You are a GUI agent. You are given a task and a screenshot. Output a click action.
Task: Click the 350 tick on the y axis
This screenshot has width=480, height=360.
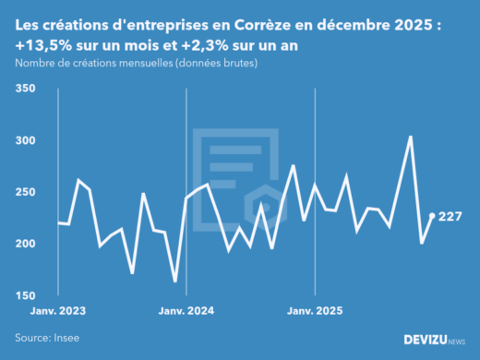(x=25, y=89)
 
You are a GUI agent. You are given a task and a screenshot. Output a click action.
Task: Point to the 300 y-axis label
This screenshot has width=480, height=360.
(x=25, y=140)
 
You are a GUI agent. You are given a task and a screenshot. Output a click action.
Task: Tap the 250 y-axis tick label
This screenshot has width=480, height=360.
(x=25, y=192)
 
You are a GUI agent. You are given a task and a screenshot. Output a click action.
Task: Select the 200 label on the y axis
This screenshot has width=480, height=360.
(x=25, y=244)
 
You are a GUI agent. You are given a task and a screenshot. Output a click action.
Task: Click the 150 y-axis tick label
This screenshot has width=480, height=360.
(x=25, y=295)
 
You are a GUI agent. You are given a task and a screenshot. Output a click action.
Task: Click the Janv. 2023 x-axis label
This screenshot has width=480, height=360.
(x=57, y=311)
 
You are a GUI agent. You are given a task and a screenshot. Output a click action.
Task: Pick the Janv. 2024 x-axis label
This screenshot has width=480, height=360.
(x=186, y=311)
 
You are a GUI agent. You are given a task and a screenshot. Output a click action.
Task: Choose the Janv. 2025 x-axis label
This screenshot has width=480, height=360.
(x=316, y=311)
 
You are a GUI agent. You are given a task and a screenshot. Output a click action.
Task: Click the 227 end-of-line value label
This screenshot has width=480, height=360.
(x=450, y=216)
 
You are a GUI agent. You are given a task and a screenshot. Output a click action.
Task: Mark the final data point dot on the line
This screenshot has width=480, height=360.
(x=432, y=216)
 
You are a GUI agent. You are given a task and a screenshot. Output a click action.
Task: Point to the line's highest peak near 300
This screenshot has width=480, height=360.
(x=410, y=138)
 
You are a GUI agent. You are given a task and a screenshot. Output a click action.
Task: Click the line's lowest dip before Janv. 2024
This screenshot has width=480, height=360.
(x=175, y=281)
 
